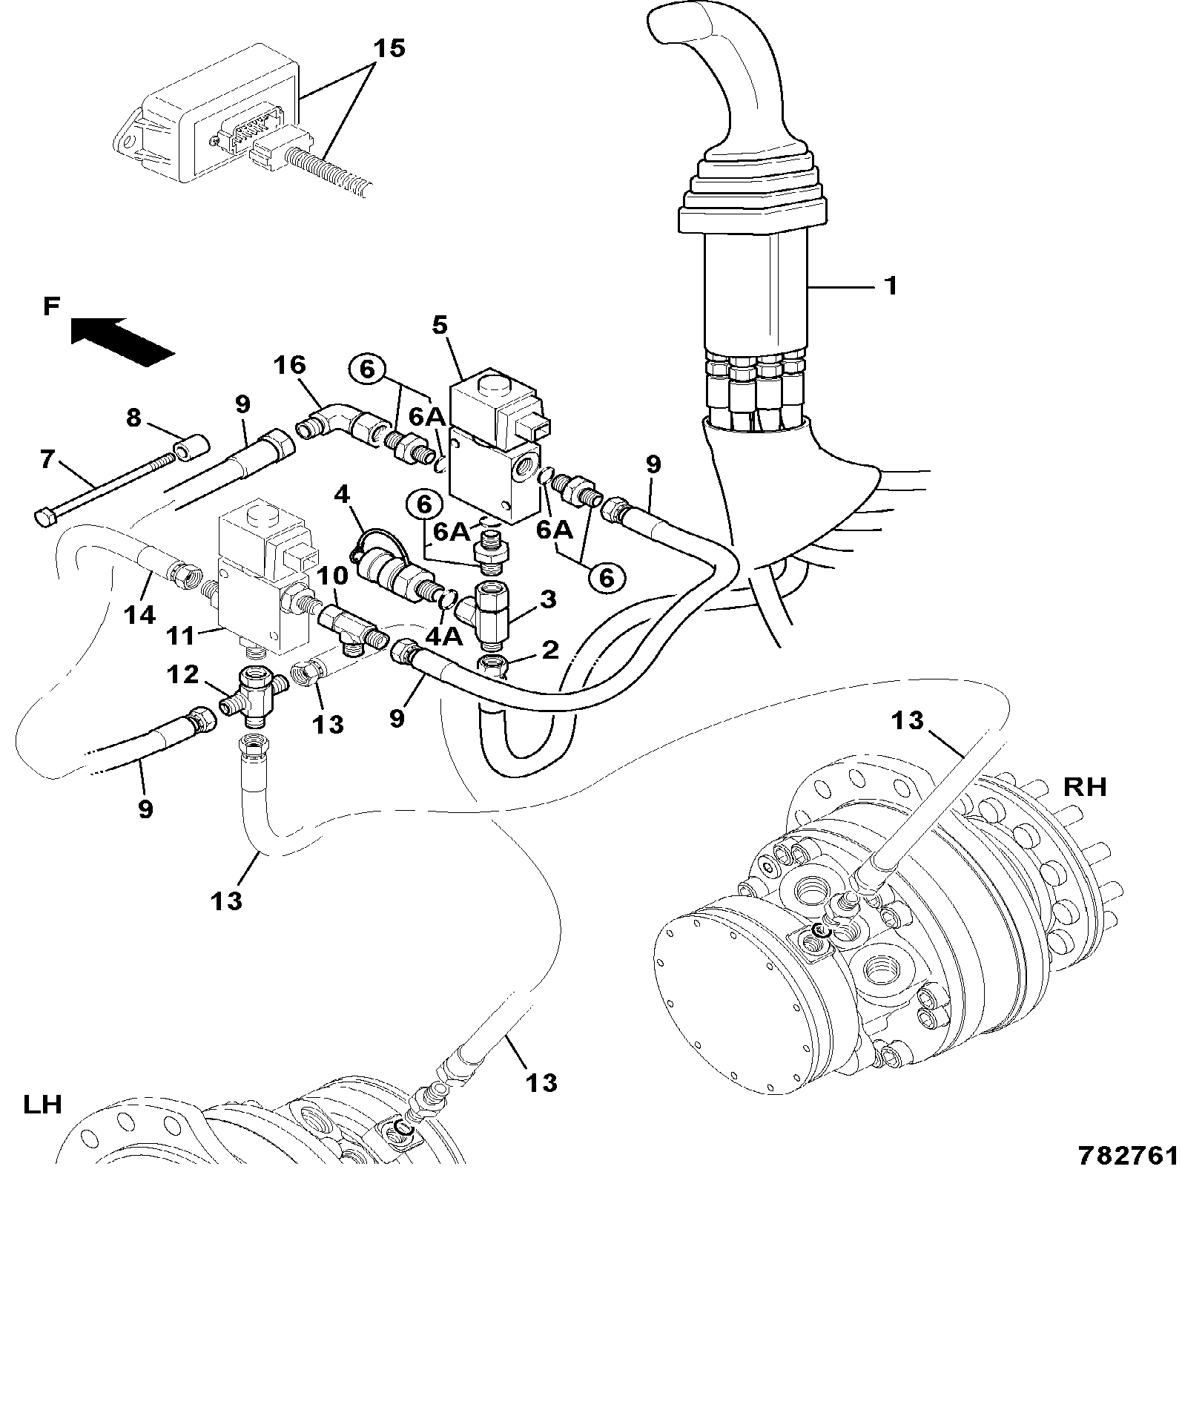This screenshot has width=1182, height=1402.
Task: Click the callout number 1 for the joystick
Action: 891,285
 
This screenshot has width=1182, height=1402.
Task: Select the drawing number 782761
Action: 1127,1176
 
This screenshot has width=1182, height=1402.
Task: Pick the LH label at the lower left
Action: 42,1105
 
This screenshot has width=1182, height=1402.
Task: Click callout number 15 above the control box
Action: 389,49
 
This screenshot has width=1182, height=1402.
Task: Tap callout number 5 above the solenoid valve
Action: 440,325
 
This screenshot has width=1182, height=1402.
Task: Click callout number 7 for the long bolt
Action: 47,460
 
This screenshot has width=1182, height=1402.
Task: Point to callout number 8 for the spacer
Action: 133,418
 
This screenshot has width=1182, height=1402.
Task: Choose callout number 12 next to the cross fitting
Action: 182,674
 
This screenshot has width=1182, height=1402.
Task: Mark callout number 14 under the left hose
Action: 140,615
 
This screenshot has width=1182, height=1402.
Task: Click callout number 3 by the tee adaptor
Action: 547,599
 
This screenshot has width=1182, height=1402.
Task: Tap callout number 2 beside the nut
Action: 549,650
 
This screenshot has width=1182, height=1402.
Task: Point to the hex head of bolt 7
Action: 44,516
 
